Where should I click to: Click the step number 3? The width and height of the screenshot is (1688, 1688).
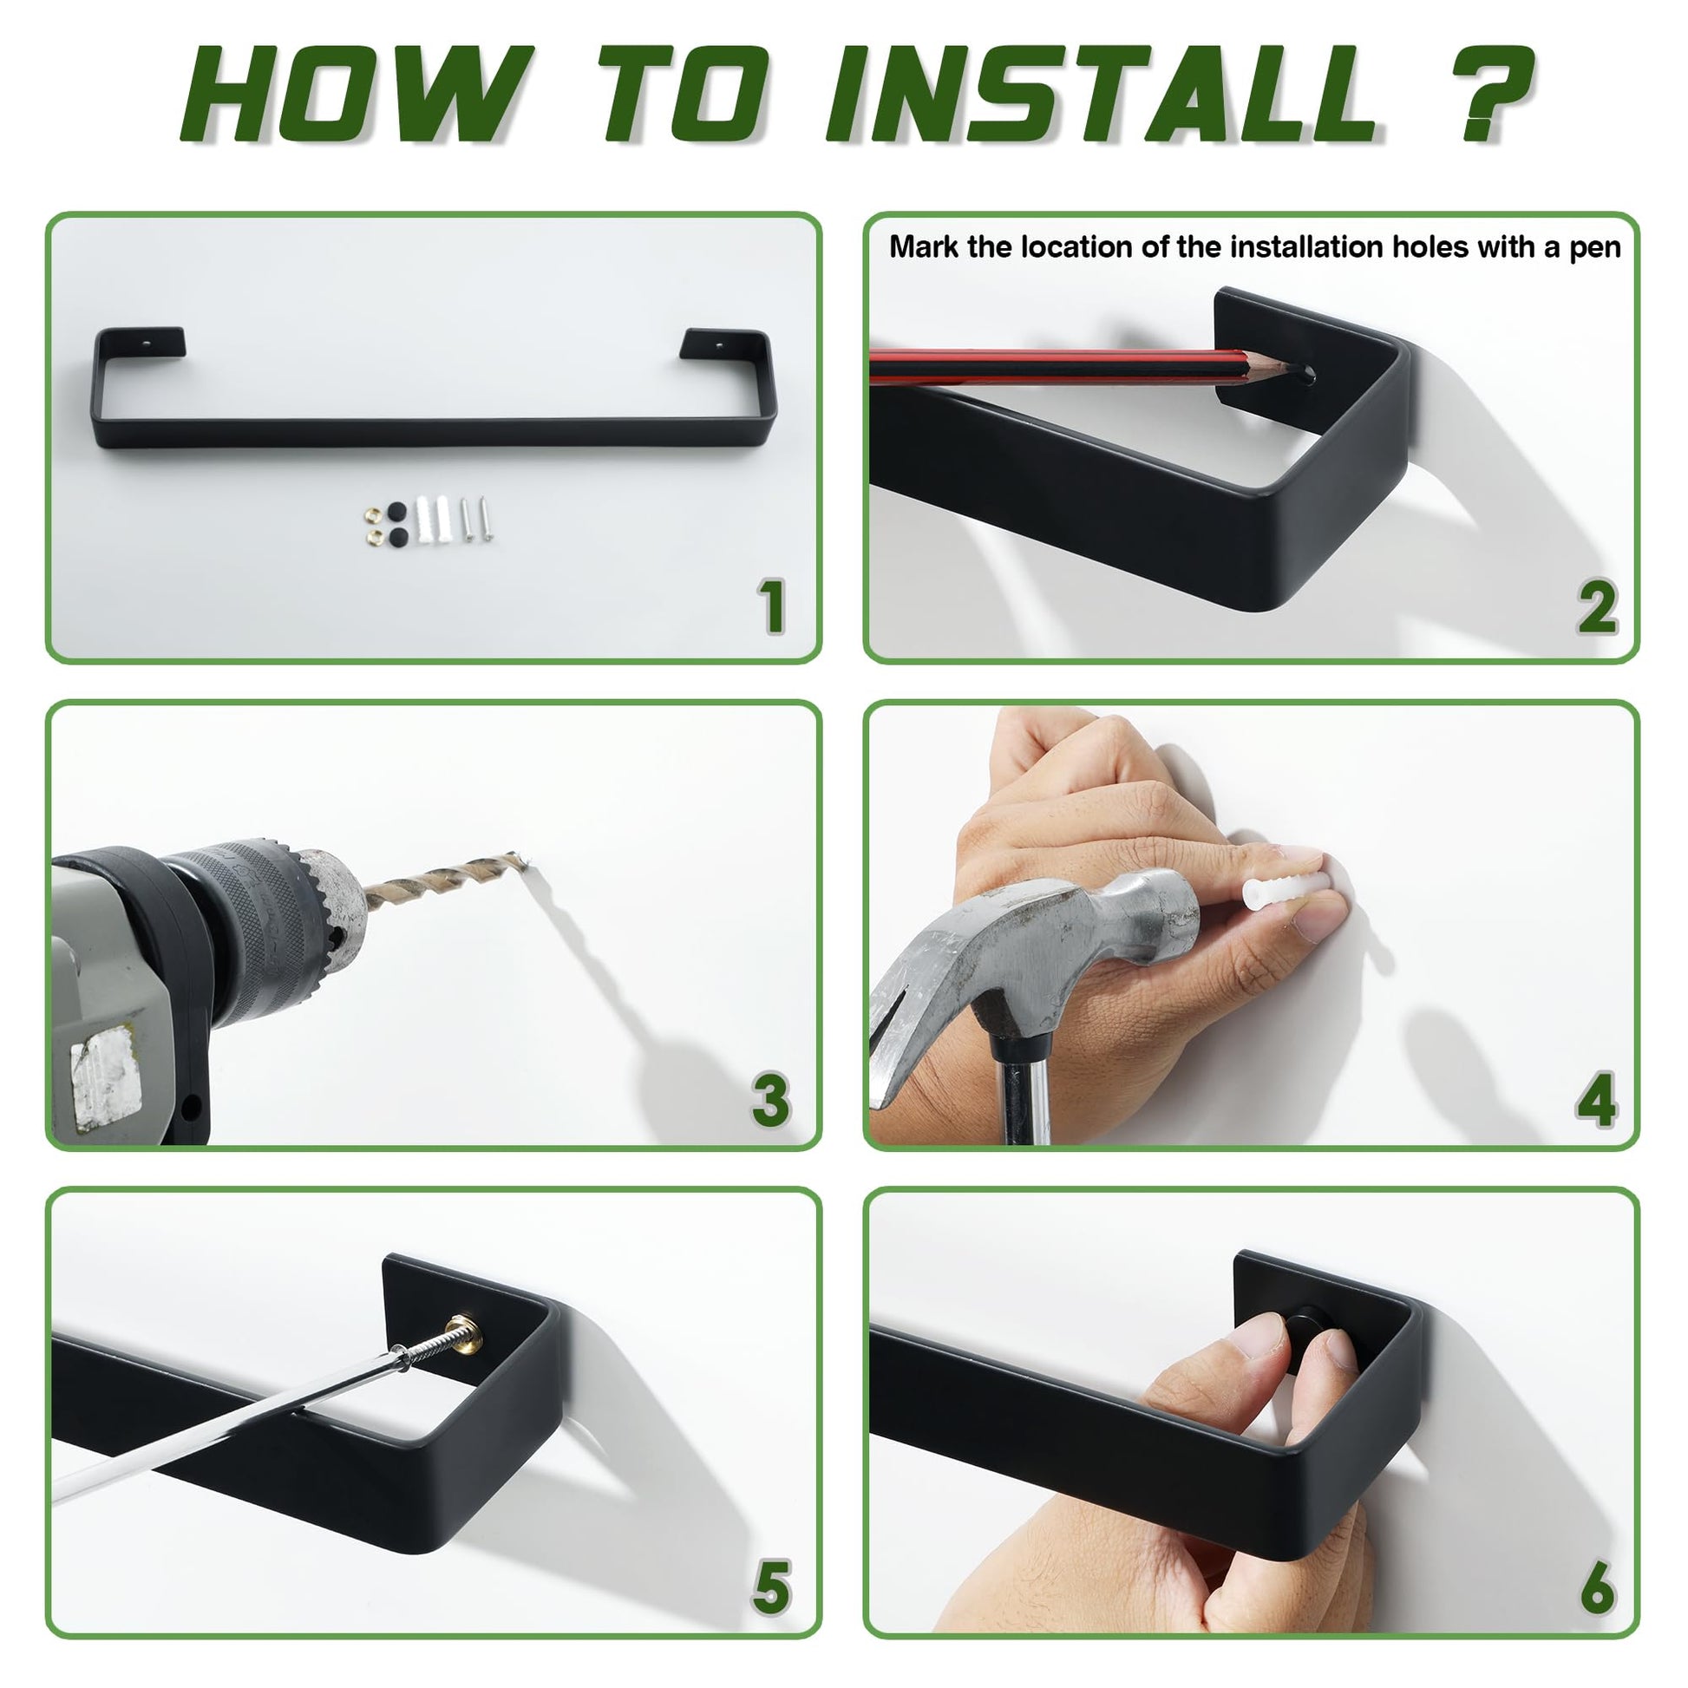click(770, 1099)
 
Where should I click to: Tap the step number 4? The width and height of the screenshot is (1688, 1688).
click(1596, 1099)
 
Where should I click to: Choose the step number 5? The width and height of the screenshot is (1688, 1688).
click(771, 1587)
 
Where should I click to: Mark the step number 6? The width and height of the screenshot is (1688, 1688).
click(1597, 1587)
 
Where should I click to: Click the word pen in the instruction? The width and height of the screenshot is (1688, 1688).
click(1595, 249)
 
